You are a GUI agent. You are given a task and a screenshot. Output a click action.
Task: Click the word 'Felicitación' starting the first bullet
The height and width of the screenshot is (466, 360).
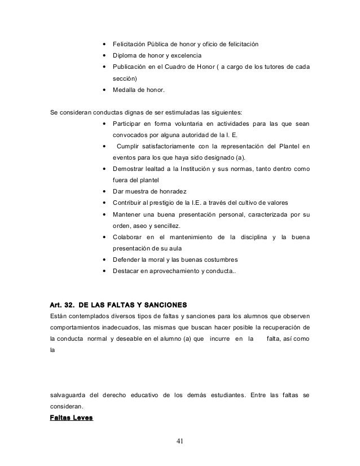pos(130,44)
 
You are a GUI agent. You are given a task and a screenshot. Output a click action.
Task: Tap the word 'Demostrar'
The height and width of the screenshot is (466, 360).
pos(131,169)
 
